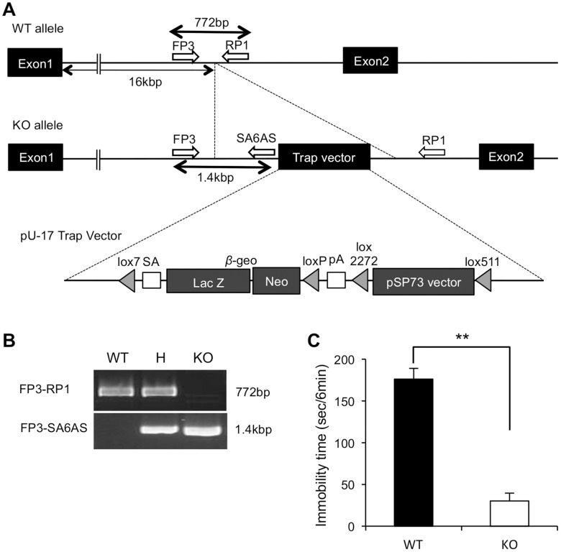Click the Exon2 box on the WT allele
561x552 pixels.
371,63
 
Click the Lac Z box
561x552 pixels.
208,281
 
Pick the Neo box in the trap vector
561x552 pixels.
275,281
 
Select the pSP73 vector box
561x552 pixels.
423,281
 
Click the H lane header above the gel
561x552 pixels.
160,357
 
